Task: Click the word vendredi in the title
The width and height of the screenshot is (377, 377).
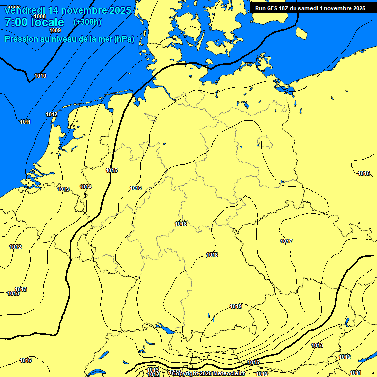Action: pos(25,10)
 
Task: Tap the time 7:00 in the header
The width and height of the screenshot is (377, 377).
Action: pos(16,22)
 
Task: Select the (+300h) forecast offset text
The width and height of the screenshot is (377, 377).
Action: pos(87,22)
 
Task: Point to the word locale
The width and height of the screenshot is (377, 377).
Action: pos(48,22)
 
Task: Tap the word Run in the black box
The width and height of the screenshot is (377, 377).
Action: pos(260,8)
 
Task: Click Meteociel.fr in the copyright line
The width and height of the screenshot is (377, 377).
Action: pos(229,374)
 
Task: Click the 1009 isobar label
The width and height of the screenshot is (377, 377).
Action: pos(55,31)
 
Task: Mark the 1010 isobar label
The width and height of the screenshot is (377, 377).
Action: pos(40,76)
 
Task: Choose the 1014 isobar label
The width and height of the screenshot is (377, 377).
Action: pos(85,187)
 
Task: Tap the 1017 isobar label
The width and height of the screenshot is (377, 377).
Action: pos(287,241)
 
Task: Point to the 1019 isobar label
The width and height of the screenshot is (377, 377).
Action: pos(236,306)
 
